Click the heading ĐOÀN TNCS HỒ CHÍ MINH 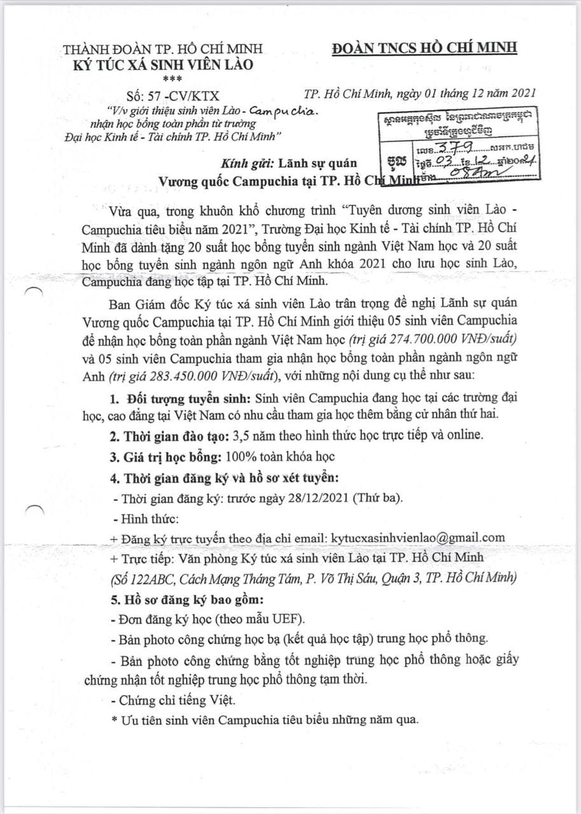click(424, 48)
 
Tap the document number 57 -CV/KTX click(172, 95)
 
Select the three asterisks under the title click(171, 79)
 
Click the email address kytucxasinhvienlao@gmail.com click(418, 537)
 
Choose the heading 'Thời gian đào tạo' click(169, 436)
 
